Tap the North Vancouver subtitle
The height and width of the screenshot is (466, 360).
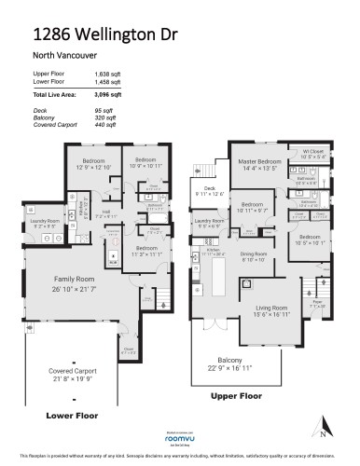tap(60, 55)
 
